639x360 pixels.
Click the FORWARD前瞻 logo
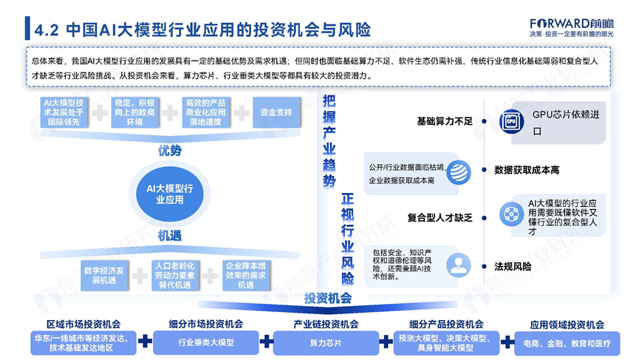point(571,21)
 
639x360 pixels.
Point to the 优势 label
point(168,151)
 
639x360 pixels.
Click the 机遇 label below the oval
point(168,235)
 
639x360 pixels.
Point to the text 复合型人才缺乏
point(439,217)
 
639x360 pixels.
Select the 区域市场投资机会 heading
point(83,324)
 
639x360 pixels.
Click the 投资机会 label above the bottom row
point(327,298)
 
